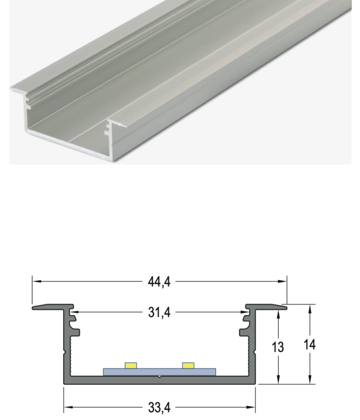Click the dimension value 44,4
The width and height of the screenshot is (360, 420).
click(x=159, y=282)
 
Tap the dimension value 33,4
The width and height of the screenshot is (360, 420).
click(x=159, y=406)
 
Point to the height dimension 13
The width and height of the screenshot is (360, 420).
click(x=278, y=347)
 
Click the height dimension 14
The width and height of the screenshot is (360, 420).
click(x=309, y=344)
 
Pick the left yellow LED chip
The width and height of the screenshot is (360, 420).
click(x=131, y=365)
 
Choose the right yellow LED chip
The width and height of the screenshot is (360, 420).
click(x=188, y=365)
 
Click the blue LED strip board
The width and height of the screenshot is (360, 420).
click(x=159, y=372)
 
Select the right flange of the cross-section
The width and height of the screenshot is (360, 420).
click(x=268, y=307)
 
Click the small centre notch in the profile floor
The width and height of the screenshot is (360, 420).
click(x=159, y=376)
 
